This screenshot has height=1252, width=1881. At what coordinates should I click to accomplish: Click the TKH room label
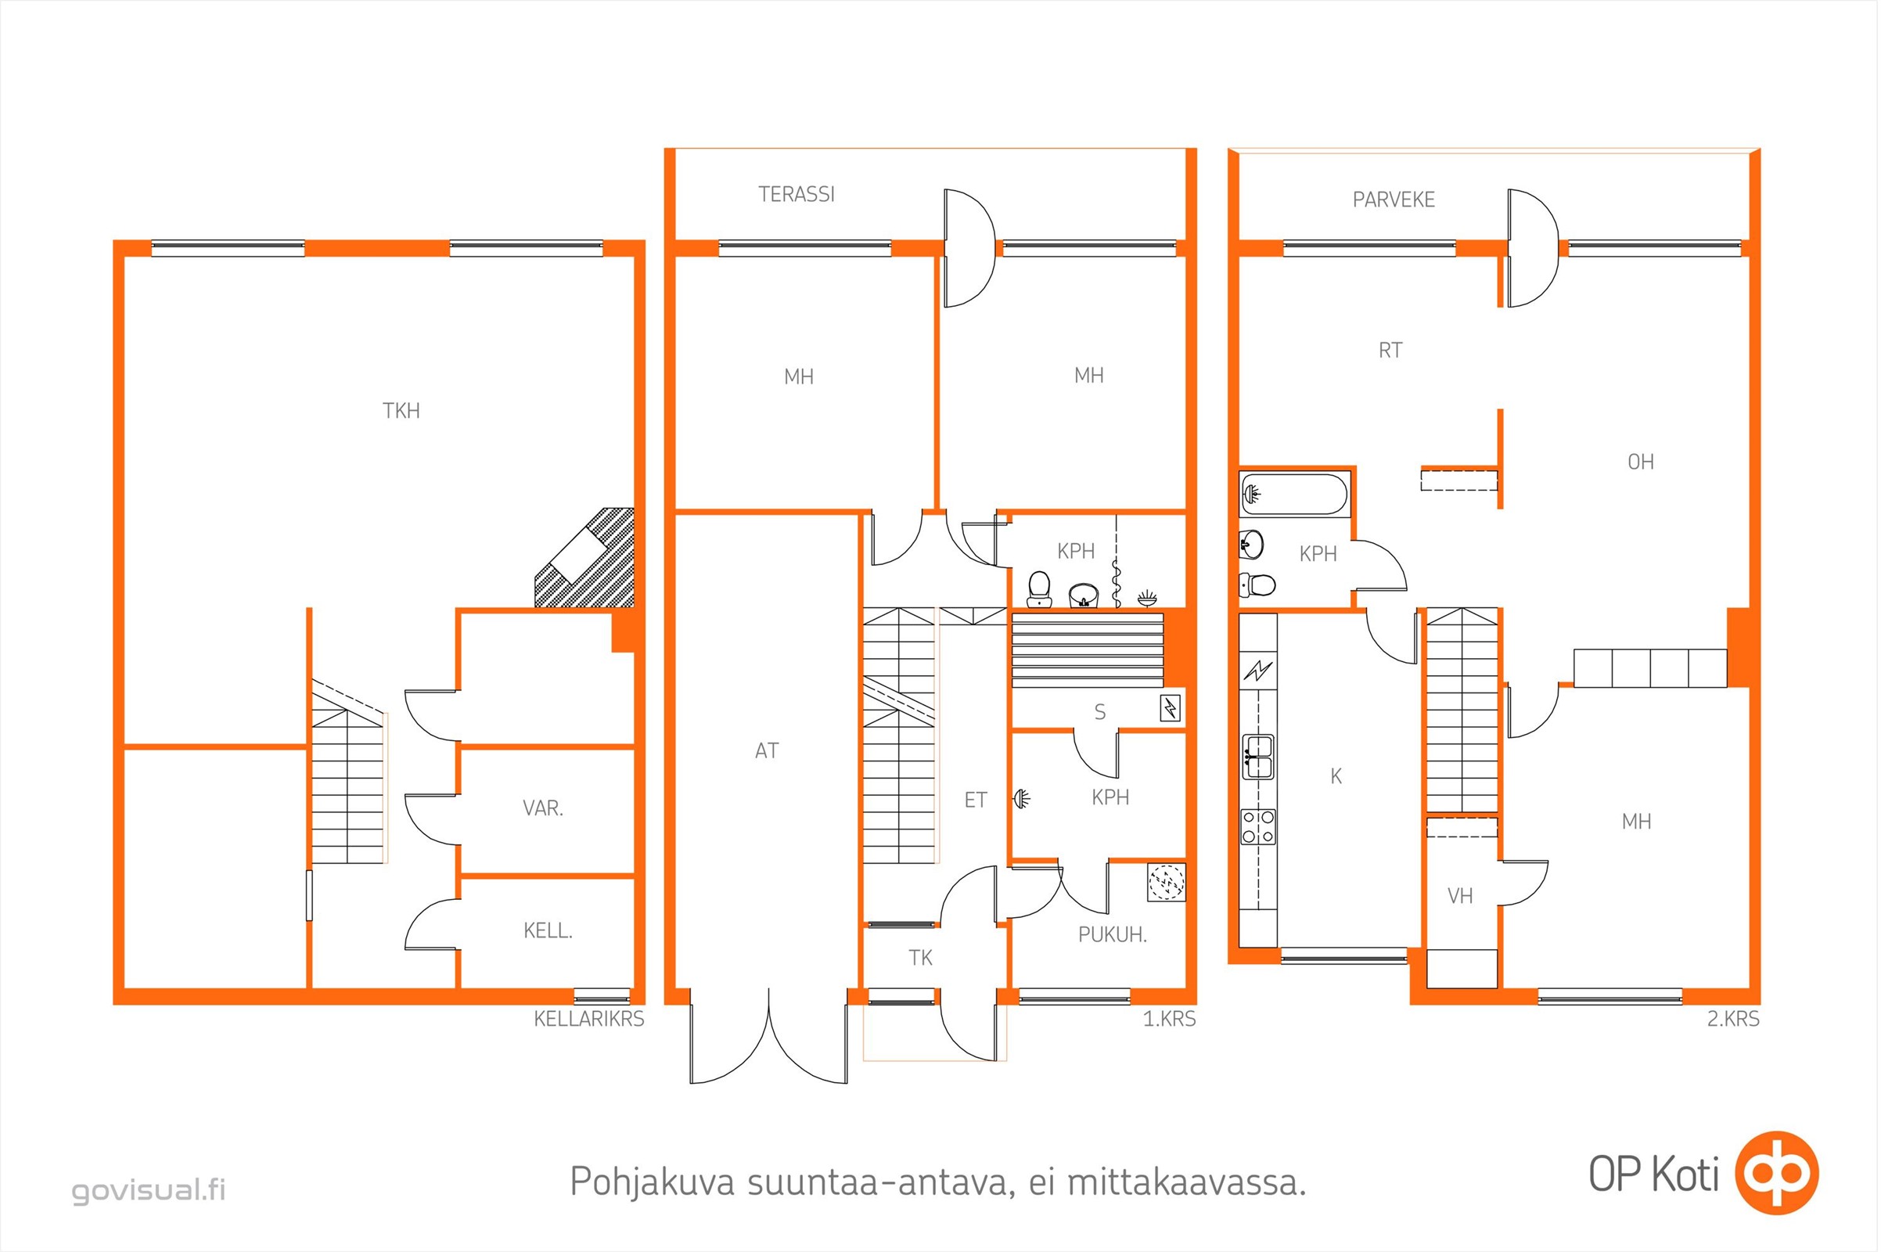click(401, 410)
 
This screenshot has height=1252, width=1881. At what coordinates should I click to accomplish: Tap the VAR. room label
click(543, 808)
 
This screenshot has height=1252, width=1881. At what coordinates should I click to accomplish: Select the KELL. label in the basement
click(548, 930)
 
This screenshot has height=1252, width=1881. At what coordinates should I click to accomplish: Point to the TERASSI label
click(796, 194)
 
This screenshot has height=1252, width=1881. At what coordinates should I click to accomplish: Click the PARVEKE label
click(1394, 200)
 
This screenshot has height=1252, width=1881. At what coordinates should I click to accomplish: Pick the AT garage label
click(767, 750)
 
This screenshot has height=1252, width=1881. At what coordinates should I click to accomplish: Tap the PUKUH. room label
click(1112, 934)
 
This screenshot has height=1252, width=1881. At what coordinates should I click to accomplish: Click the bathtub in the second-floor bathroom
click(1293, 495)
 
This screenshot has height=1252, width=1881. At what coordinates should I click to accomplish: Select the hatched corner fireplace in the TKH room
click(585, 557)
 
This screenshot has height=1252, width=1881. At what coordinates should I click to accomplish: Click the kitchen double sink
click(1258, 757)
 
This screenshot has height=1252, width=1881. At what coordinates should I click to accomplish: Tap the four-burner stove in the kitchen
click(1257, 827)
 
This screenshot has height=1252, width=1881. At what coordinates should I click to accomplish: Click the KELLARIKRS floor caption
click(588, 1019)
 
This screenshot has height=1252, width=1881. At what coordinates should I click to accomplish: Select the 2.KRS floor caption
click(1732, 1019)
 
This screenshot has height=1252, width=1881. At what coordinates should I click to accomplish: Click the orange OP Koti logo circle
click(1777, 1173)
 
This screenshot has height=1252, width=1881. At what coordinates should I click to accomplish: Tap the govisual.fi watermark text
click(149, 1190)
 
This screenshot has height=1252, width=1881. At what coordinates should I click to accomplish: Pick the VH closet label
click(1459, 896)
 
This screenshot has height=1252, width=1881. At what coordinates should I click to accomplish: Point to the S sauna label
click(1099, 712)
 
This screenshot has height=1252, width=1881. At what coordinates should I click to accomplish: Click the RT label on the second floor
click(1390, 351)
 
